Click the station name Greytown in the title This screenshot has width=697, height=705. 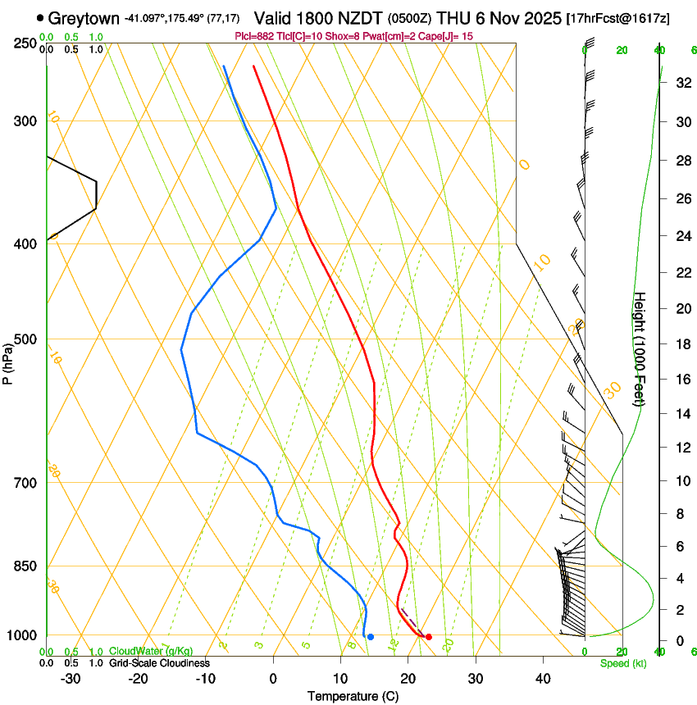tap(84, 18)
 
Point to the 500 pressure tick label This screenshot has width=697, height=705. tap(25, 339)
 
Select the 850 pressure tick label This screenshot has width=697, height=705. tap(25, 566)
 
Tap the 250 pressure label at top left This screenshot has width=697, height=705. tap(25, 43)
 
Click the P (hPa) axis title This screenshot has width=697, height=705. tap(9, 361)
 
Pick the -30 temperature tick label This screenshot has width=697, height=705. tap(71, 679)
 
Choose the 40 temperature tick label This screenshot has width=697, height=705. tap(543, 679)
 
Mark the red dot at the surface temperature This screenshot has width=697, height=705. tap(429, 637)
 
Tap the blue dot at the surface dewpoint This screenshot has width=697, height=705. tap(371, 637)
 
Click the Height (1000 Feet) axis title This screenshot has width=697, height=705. tap(640, 348)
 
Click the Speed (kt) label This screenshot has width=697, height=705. tap(622, 663)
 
